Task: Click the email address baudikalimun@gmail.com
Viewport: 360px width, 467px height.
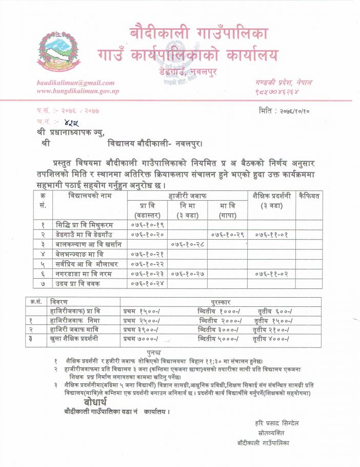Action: [x=75, y=83]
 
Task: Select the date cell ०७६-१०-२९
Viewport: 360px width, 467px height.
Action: [x=227, y=234]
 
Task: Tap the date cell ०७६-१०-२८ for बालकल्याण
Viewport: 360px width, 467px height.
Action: [x=188, y=244]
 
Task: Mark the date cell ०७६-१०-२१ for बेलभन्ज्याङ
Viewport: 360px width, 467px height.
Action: [x=147, y=254]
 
